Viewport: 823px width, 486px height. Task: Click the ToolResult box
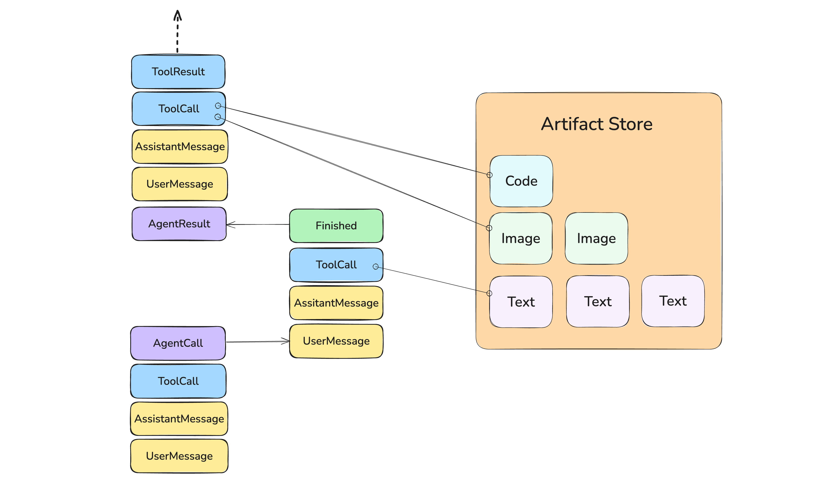(x=178, y=72)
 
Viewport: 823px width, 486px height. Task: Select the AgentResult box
(x=179, y=224)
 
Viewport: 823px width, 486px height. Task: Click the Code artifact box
(x=521, y=181)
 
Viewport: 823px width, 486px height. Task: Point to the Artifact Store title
(x=597, y=124)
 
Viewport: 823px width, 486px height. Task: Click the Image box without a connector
(x=596, y=238)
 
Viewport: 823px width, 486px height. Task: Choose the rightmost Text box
(x=673, y=301)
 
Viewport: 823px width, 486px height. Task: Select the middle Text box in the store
(x=598, y=301)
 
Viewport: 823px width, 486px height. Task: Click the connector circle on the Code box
(x=490, y=175)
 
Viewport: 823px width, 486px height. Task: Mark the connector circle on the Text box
(x=489, y=293)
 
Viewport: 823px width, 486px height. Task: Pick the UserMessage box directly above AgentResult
(x=179, y=184)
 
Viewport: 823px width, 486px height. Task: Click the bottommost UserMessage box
(x=179, y=456)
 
